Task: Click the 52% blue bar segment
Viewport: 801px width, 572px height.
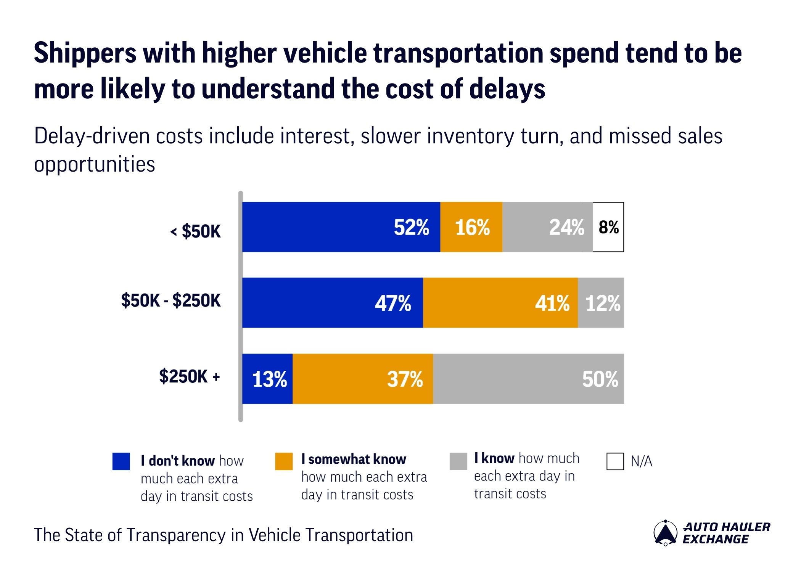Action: (x=341, y=227)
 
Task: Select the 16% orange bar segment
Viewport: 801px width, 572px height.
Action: (x=471, y=227)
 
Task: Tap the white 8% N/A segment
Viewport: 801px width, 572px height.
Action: (x=608, y=227)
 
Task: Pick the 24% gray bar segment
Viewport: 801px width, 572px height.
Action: (x=547, y=227)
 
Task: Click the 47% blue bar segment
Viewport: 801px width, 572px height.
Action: (x=333, y=303)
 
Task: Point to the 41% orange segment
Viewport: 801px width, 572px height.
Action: (x=500, y=303)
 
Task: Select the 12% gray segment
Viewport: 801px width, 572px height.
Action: (x=601, y=303)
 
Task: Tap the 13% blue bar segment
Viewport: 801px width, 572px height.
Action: (x=267, y=379)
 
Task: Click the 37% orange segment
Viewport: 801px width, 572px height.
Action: (x=363, y=379)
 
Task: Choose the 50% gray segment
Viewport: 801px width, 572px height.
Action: (x=528, y=379)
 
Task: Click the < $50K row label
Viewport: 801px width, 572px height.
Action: (x=195, y=231)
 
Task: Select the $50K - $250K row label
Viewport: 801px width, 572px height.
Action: (x=171, y=300)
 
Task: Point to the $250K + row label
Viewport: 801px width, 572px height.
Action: (x=190, y=376)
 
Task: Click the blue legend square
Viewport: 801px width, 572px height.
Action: (x=121, y=461)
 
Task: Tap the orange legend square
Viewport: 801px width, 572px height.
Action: (x=284, y=461)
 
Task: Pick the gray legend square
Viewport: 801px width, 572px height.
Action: (x=458, y=461)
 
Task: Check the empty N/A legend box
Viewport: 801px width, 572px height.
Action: (x=615, y=461)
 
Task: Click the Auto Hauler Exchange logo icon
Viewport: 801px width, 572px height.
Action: (x=665, y=533)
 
